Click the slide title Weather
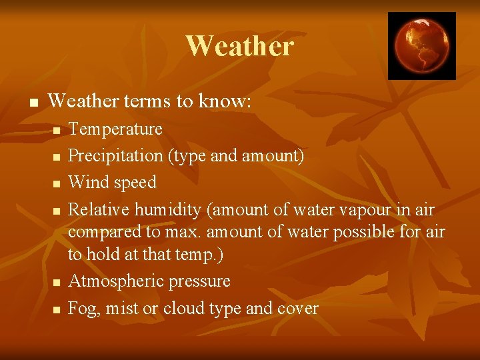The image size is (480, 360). (x=239, y=46)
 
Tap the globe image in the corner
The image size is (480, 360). (x=421, y=45)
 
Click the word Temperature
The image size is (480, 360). (x=115, y=129)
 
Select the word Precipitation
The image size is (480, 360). (x=116, y=156)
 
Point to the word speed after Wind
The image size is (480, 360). (x=136, y=183)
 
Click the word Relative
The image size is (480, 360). (x=99, y=210)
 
